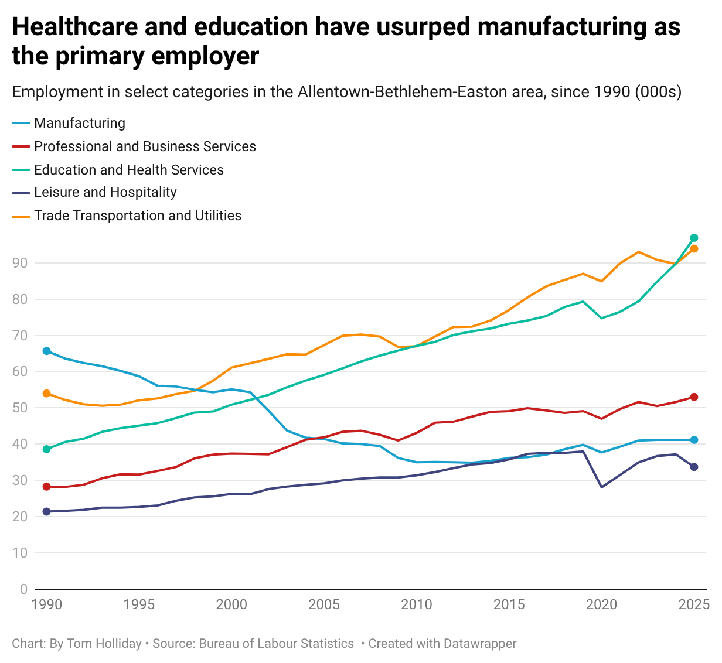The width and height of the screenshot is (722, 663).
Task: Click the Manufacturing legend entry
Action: tap(80, 123)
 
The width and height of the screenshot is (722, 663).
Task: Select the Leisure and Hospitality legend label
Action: tap(105, 193)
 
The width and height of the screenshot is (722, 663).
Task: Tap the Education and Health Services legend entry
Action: tap(129, 170)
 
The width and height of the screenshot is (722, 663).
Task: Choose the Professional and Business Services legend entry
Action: tap(145, 146)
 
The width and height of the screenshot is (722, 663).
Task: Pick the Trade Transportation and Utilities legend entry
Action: tap(138, 216)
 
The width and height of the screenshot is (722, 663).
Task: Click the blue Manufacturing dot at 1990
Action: tap(46, 351)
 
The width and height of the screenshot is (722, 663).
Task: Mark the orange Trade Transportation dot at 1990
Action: tap(46, 394)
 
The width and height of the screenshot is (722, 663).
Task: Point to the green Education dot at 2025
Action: tap(694, 238)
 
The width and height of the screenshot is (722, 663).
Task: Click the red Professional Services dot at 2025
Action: tap(694, 397)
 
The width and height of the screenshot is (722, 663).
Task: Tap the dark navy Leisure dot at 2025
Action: tap(694, 467)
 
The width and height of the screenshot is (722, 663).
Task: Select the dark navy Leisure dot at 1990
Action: tap(46, 512)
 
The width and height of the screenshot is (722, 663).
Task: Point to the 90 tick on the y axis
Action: tap(20, 263)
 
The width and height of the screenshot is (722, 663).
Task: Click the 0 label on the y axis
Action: tap(23, 589)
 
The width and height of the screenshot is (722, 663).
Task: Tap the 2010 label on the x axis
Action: tap(416, 604)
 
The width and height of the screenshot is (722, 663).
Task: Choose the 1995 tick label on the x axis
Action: tap(139, 604)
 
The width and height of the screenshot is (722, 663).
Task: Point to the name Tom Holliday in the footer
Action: tap(104, 644)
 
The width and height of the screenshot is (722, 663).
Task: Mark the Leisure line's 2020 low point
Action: tap(601, 487)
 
